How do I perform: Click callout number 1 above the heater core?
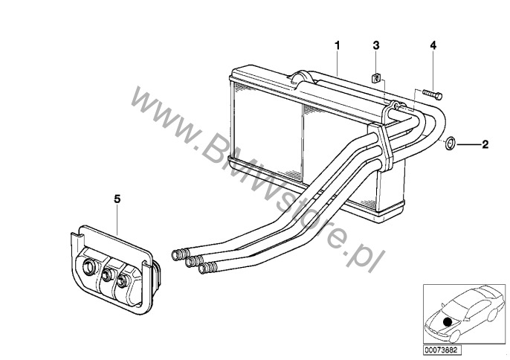point(338,45)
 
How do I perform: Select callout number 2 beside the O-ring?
point(485,144)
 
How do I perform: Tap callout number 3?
point(376,45)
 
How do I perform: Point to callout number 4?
point(433,45)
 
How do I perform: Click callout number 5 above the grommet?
point(117,199)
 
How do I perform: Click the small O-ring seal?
point(451,144)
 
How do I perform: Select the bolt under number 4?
point(432,94)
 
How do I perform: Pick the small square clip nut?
point(376,79)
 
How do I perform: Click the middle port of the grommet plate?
point(107,275)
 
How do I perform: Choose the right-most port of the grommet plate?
point(122,280)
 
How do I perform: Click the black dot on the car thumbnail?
point(448,322)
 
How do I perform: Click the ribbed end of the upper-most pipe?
point(181,254)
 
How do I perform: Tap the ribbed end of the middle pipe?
point(194,261)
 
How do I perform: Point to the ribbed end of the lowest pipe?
point(207,268)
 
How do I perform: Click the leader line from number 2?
point(468,144)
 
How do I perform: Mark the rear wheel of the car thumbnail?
point(492,315)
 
